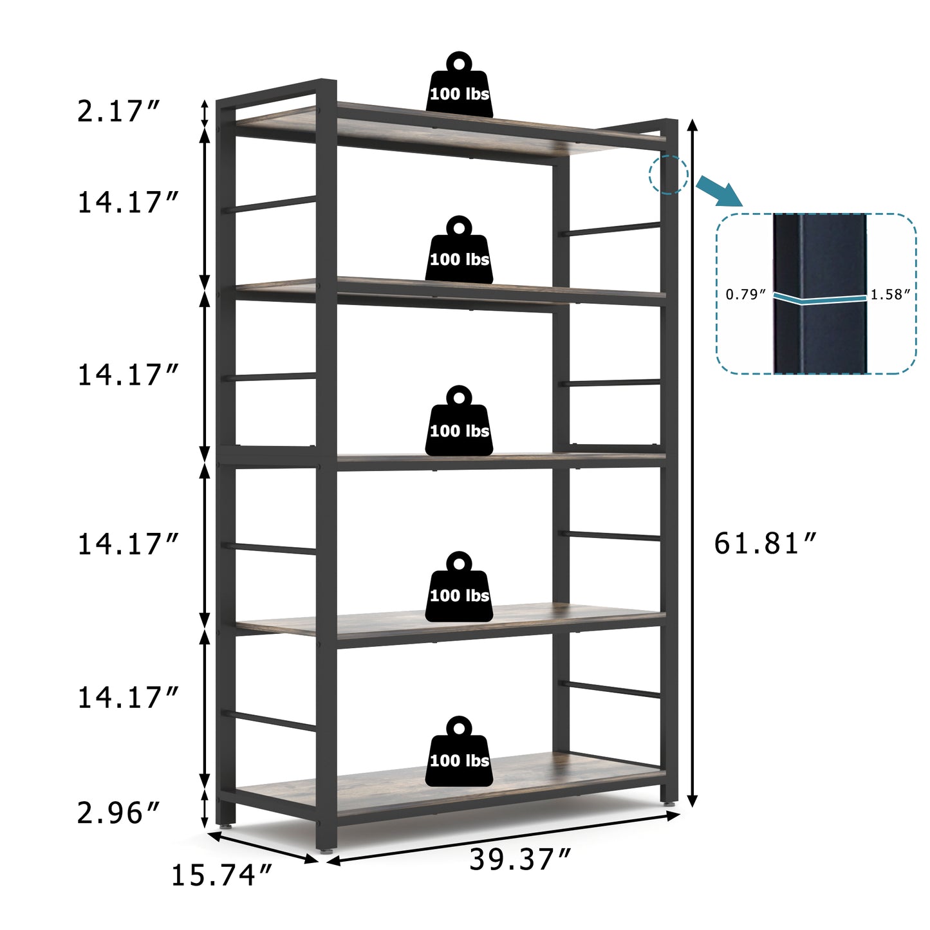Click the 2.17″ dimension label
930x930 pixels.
118,111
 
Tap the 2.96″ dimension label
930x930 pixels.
118,813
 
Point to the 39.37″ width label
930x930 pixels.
520,860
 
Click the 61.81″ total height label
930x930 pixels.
765,544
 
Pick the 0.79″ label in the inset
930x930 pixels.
746,295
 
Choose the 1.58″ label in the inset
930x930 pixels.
891,295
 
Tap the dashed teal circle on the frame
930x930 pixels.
668,174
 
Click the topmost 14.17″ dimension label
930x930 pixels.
127,203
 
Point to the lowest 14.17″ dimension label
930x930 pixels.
127,698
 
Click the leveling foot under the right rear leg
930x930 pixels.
669,804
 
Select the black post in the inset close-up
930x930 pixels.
819,293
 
